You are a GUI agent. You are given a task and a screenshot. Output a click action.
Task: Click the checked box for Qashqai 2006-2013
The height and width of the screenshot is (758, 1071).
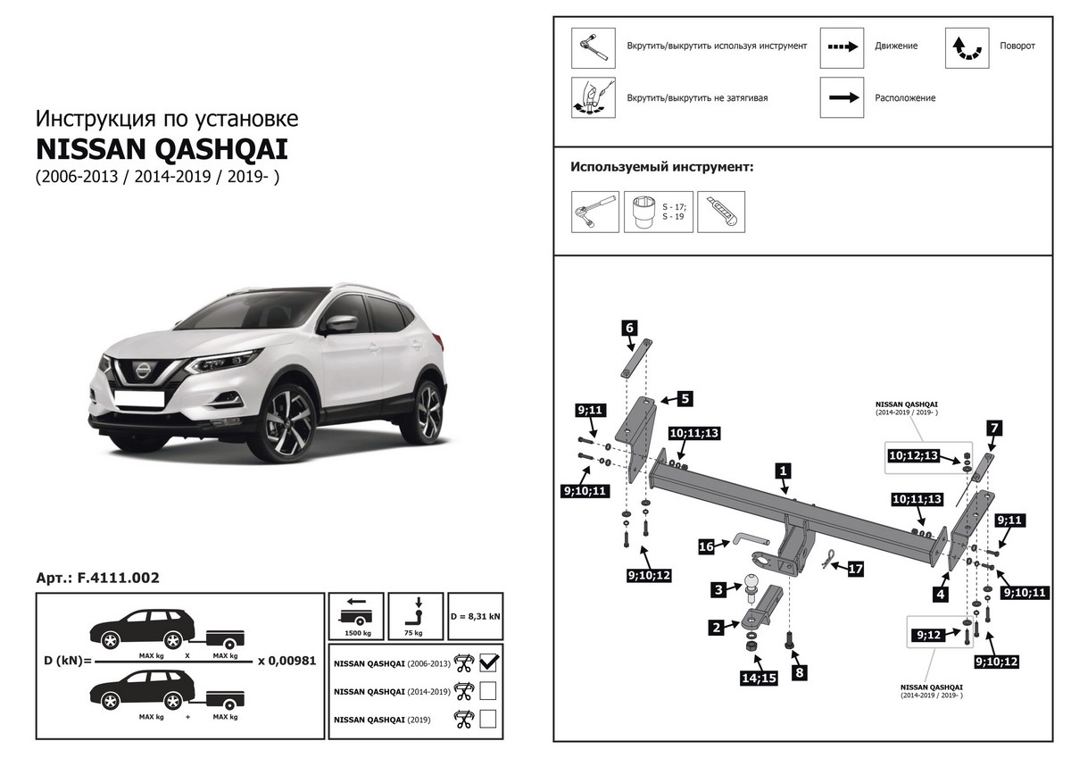488,662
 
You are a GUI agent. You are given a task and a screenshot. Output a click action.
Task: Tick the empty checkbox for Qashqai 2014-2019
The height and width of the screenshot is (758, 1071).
488,690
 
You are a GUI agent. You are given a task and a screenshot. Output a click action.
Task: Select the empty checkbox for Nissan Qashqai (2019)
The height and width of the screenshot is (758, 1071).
488,718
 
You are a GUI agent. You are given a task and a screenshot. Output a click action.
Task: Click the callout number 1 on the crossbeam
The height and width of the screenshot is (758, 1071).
783,470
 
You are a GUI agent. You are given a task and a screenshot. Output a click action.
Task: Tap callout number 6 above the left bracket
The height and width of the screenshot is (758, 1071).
629,328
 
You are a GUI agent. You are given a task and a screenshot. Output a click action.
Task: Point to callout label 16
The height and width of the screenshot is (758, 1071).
706,546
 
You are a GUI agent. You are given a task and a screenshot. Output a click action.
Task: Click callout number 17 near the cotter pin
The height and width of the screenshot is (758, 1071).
855,568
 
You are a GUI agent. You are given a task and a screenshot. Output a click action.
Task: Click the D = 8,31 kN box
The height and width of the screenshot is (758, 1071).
475,615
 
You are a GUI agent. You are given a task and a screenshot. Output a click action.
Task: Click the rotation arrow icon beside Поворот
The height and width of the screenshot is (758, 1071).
967,47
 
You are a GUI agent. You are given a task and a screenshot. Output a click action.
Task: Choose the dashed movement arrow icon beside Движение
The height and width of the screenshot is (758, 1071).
843,47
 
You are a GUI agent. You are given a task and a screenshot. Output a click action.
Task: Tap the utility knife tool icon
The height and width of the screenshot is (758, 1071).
720,212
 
